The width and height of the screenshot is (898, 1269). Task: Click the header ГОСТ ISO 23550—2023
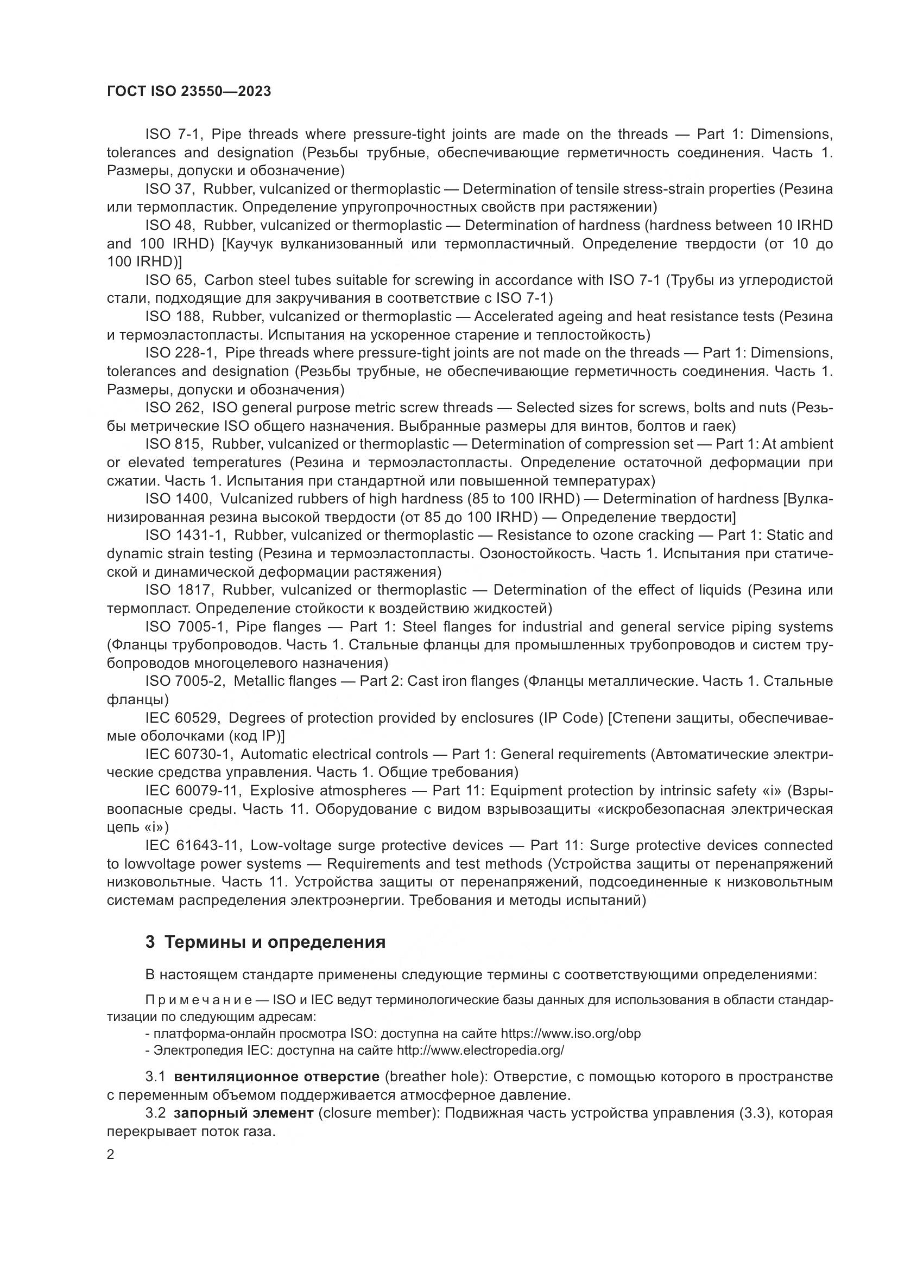click(x=188, y=92)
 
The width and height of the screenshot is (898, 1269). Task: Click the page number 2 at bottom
click(x=111, y=1155)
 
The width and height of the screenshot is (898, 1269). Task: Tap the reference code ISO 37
click(x=168, y=189)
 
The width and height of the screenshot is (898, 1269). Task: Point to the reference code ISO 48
click(x=168, y=226)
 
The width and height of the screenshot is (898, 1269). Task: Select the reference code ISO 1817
click(x=178, y=590)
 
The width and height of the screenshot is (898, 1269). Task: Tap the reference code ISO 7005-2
click(x=184, y=681)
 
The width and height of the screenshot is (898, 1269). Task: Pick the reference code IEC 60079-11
click(x=192, y=791)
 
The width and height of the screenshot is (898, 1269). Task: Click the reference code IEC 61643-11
click(x=192, y=846)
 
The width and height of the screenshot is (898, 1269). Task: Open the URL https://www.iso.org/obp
click(x=570, y=1034)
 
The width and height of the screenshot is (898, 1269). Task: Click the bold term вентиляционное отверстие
click(x=276, y=1076)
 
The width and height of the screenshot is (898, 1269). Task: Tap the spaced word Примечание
click(x=199, y=1000)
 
